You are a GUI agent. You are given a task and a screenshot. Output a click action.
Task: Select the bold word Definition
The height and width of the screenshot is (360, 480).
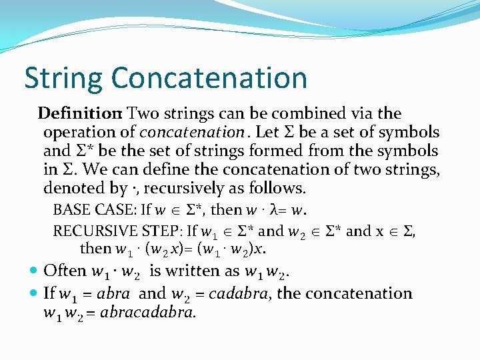79,113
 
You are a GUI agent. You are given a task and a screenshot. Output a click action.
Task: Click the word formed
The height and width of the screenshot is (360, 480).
295,151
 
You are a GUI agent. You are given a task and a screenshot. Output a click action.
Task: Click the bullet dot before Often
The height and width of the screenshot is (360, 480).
34,271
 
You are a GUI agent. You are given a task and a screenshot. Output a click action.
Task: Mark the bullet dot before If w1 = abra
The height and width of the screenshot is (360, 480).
34,294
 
